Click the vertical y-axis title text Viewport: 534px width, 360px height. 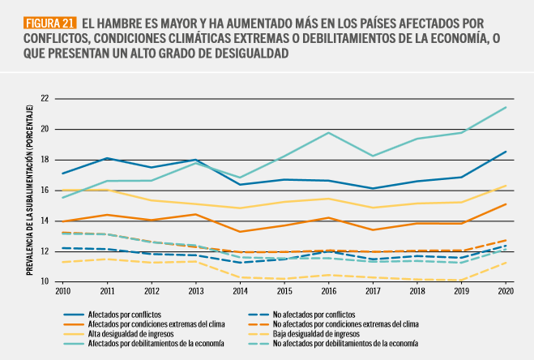[29, 190]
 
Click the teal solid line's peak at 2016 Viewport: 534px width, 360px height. [327, 132]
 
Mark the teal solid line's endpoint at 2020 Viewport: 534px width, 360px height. [505, 107]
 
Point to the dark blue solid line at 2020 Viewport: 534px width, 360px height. [505, 152]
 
